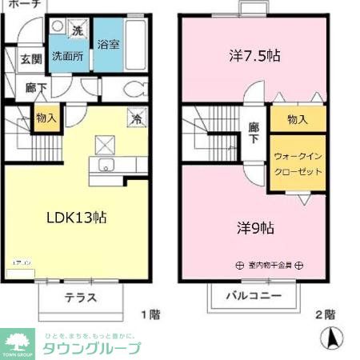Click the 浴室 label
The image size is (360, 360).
coord(109,45)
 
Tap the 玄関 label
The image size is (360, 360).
coord(31,59)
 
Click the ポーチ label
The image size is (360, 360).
coord(22,4)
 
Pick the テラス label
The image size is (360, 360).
coord(80,298)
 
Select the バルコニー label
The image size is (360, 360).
coord(253,295)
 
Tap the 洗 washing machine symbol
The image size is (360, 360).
coord(78,30)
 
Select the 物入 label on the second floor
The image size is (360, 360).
coord(298,119)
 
